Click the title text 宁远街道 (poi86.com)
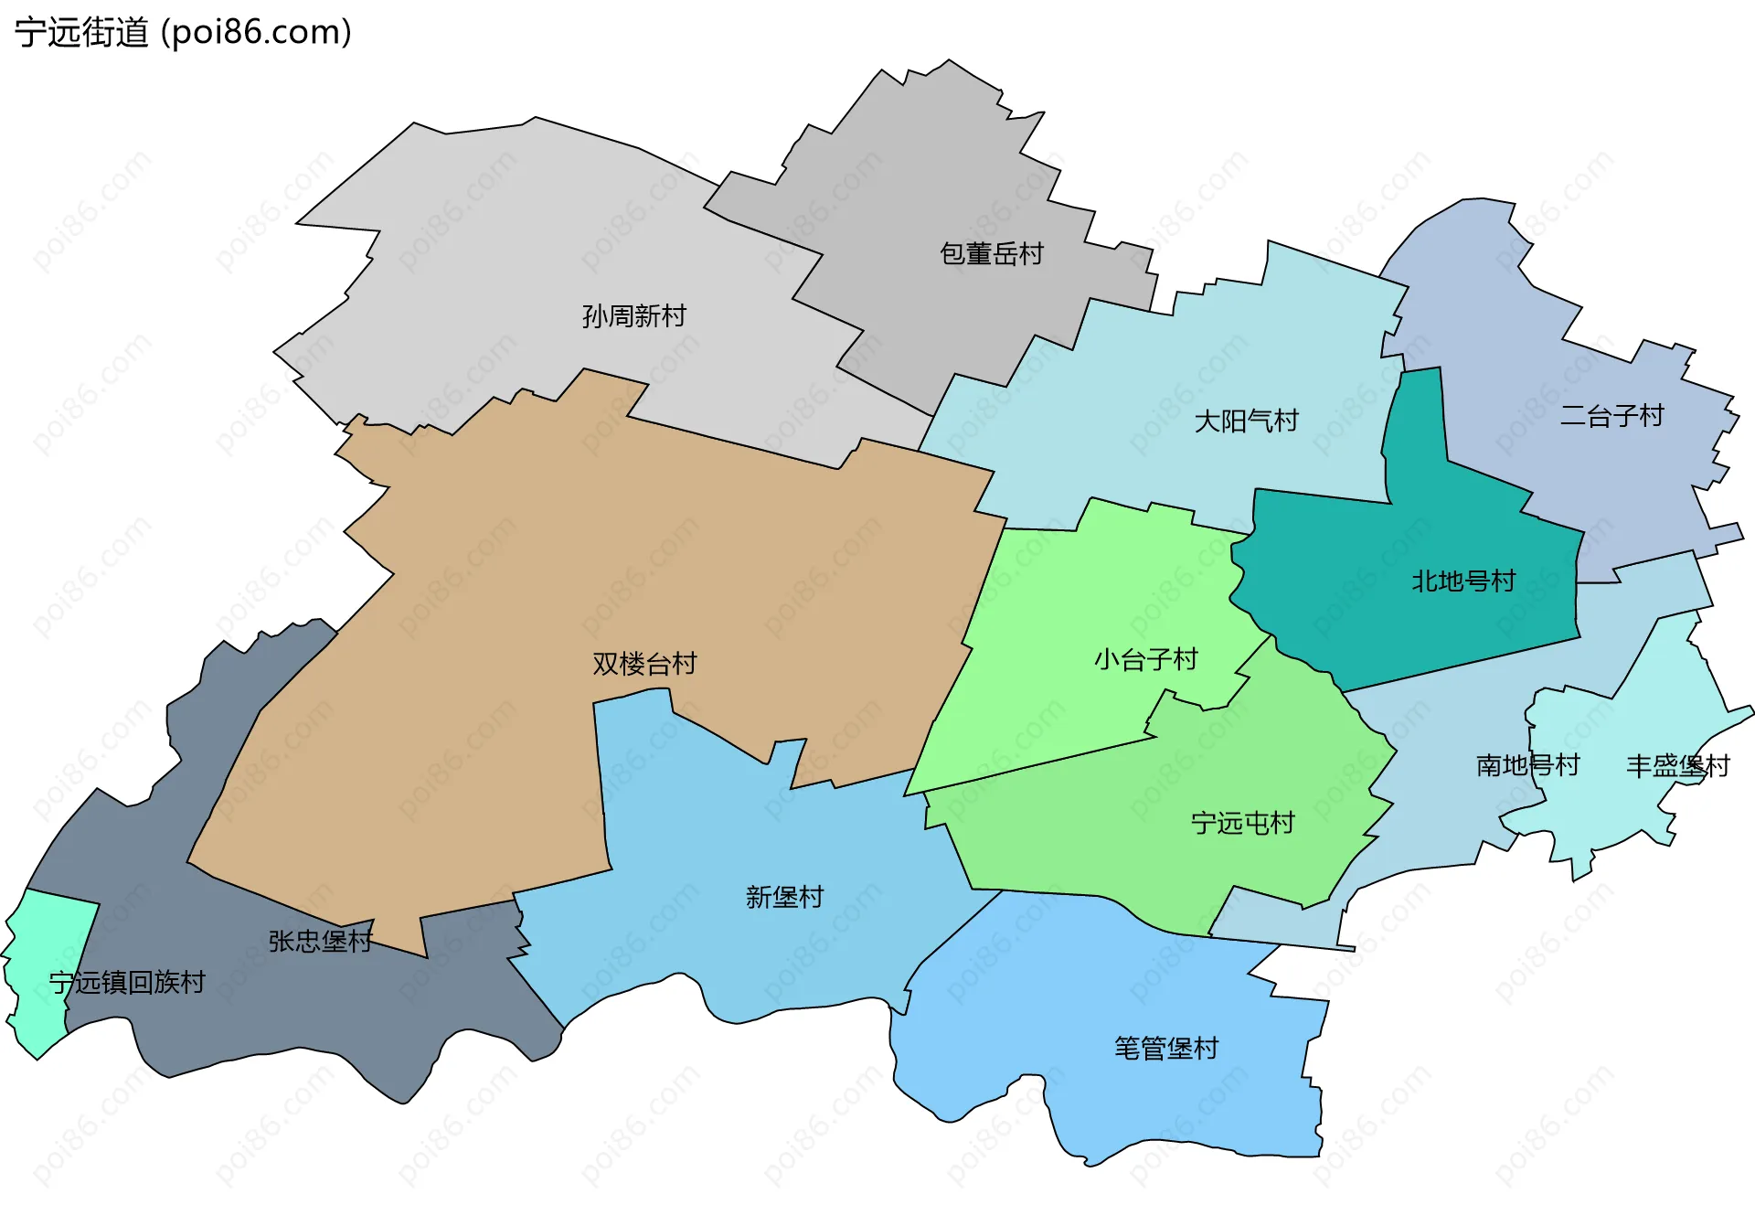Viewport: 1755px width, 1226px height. click(x=183, y=32)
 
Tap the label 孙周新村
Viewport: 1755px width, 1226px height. click(x=634, y=316)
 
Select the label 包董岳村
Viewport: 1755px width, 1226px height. click(x=992, y=253)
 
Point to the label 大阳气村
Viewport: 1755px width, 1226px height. click(x=1247, y=421)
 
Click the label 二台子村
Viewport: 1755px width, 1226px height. click(x=1611, y=416)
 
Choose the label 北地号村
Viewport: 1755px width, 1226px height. click(x=1463, y=581)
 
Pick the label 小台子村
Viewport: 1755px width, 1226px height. click(x=1146, y=659)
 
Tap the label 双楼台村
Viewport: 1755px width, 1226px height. click(x=644, y=664)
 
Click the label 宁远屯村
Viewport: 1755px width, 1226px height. click(x=1243, y=824)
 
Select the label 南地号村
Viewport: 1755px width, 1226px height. click(x=1528, y=765)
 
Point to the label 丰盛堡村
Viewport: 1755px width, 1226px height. click(x=1678, y=766)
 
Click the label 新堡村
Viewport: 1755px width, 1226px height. click(x=785, y=897)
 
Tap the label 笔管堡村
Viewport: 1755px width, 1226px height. click(x=1166, y=1048)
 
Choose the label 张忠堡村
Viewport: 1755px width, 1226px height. click(x=320, y=941)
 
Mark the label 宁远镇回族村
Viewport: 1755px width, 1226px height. click(x=127, y=983)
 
